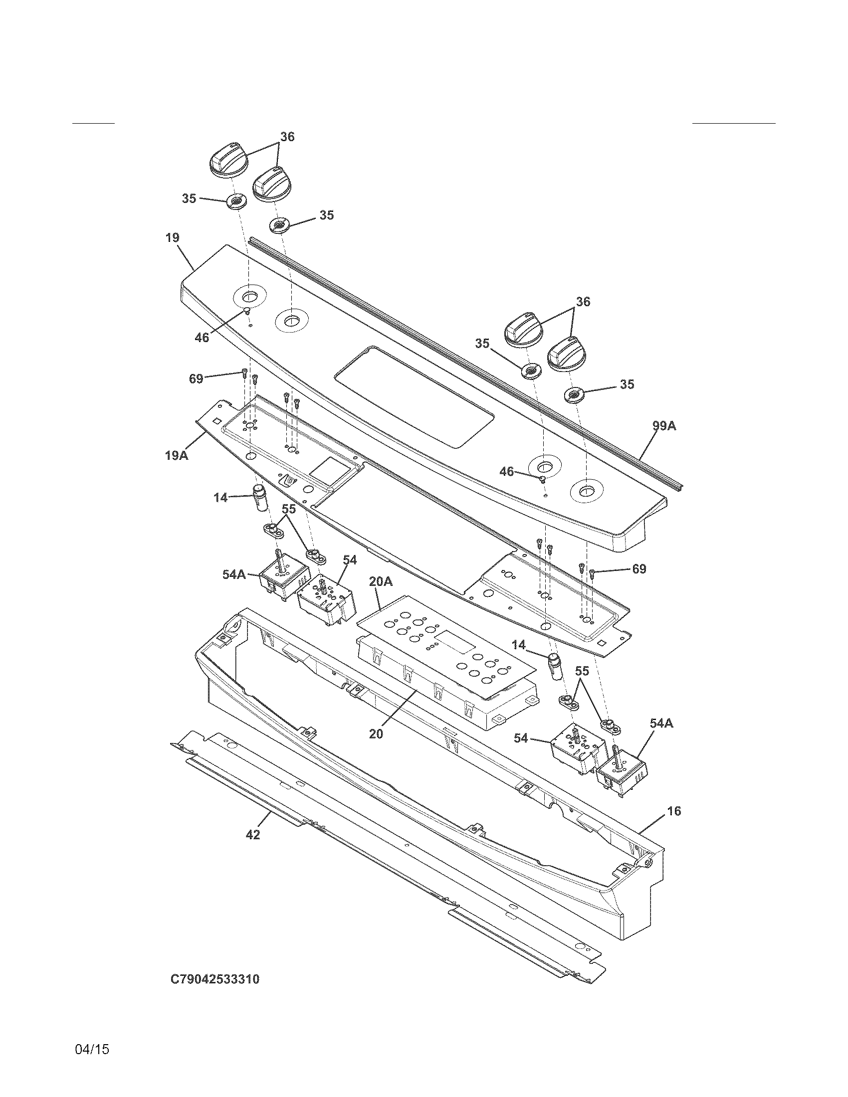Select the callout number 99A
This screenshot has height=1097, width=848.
tap(664, 426)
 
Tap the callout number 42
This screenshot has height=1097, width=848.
tap(253, 834)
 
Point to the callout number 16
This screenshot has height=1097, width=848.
tap(674, 811)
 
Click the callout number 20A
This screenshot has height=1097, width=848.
tap(380, 581)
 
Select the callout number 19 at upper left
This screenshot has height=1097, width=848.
tap(172, 237)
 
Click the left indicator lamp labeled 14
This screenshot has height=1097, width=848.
tap(260, 498)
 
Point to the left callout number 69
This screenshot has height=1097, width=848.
tap(196, 378)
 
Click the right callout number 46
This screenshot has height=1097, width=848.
tap(506, 471)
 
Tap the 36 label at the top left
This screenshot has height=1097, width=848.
tap(287, 137)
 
